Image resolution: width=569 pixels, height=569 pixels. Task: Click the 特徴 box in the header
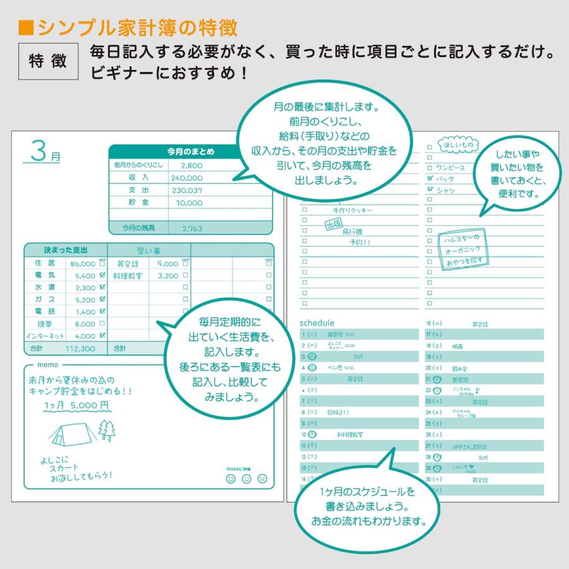point(48,61)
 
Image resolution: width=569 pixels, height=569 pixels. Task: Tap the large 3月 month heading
point(42,153)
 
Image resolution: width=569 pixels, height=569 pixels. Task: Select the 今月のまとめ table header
point(190,152)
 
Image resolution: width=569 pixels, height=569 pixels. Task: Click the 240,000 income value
point(186,178)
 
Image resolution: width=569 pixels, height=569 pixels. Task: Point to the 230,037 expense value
point(186,190)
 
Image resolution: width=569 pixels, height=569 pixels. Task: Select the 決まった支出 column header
point(66,250)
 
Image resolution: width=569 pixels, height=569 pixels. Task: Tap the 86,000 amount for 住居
point(83,264)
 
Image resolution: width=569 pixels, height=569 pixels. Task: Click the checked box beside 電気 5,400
point(102,276)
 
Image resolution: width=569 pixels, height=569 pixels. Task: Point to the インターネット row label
point(44,336)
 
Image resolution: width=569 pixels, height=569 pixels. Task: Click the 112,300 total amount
point(80,348)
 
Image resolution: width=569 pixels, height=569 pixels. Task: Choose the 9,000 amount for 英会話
point(168,264)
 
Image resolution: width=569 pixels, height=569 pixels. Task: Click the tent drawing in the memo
point(75,431)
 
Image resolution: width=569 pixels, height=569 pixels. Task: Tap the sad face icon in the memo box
point(262,479)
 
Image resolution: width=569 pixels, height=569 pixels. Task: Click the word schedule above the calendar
point(317,323)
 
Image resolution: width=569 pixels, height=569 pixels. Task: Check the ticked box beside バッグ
point(430,178)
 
